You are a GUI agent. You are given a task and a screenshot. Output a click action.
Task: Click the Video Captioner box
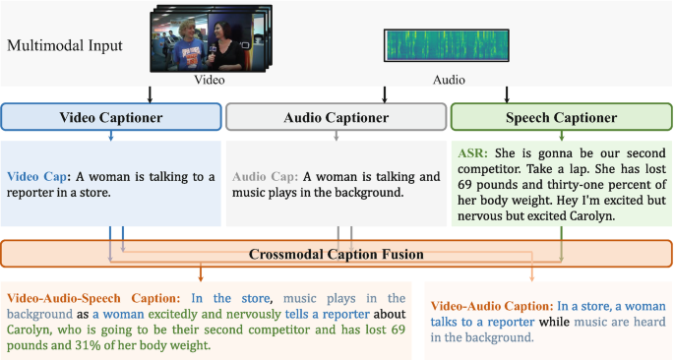click(110, 117)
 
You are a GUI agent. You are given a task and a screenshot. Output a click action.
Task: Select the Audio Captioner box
click(336, 117)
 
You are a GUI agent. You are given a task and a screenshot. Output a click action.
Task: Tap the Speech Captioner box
click(560, 117)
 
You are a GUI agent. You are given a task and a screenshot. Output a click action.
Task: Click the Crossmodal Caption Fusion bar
click(337, 253)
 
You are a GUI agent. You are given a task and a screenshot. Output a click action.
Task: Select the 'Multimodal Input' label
click(67, 46)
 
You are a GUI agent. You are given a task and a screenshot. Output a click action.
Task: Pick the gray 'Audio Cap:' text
click(265, 177)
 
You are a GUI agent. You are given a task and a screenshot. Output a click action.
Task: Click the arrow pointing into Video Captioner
click(149, 94)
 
